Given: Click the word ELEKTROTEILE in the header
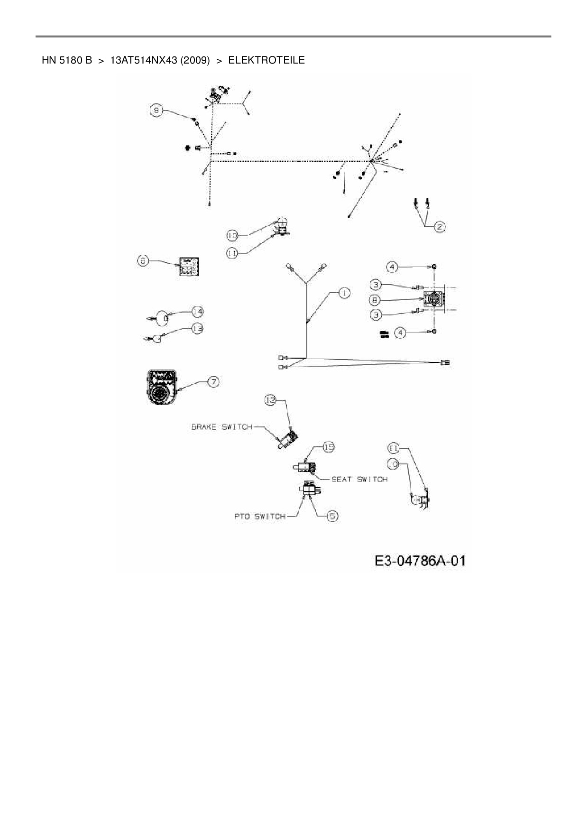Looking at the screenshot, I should pyautogui.click(x=266, y=60).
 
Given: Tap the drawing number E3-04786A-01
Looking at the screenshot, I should pyautogui.click(x=420, y=561).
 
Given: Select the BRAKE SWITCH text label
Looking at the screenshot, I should pyautogui.click(x=221, y=427).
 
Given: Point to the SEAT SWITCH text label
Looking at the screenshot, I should pyautogui.click(x=359, y=479).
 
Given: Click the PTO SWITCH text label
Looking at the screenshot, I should pyautogui.click(x=260, y=517).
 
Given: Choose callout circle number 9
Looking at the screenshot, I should pyautogui.click(x=157, y=111).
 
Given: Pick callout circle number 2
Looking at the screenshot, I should pyautogui.click(x=440, y=227).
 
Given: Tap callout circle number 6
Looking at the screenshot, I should pyautogui.click(x=144, y=260).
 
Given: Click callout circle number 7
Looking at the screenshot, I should pyautogui.click(x=214, y=382).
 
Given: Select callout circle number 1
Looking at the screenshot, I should pyautogui.click(x=344, y=294).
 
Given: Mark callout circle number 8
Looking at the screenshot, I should pyautogui.click(x=376, y=300).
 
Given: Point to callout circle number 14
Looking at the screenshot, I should pyautogui.click(x=197, y=312).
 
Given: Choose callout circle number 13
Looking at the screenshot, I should pyautogui.click(x=197, y=328).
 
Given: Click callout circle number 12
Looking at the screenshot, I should pyautogui.click(x=270, y=401).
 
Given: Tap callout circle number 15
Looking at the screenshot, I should pyautogui.click(x=329, y=447).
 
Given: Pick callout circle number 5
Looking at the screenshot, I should pyautogui.click(x=332, y=516).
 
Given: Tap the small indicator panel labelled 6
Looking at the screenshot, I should pyautogui.click(x=189, y=268).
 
